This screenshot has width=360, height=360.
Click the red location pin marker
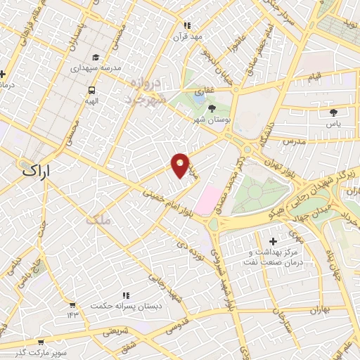click(x=181, y=165)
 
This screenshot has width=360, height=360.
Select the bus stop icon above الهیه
click(x=91, y=90)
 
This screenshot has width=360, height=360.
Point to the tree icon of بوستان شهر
click(x=212, y=108)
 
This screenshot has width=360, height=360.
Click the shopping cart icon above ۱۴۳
click(x=72, y=304)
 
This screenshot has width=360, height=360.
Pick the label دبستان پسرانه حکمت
click(x=124, y=307)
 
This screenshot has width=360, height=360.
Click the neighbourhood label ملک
click(x=97, y=220)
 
